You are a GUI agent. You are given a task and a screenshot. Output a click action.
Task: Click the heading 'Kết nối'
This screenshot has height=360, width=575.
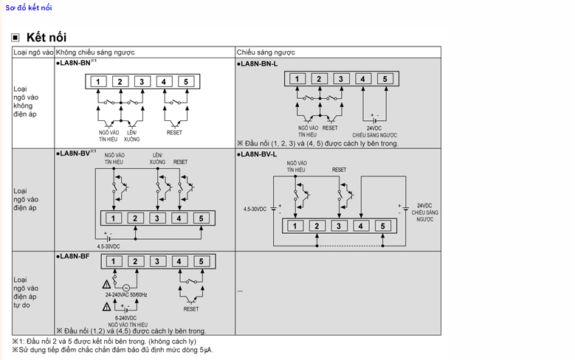46,37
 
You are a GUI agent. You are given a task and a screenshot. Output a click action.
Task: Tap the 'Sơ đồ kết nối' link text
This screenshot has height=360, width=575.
29,7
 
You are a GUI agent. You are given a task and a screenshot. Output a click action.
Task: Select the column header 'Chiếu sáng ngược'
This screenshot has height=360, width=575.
266,53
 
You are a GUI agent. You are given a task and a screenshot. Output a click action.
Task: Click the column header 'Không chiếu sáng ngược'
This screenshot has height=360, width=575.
95,53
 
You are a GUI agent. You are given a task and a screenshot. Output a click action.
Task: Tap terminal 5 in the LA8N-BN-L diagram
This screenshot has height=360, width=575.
385,79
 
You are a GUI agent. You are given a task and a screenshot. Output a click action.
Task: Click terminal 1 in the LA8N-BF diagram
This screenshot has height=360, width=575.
113,261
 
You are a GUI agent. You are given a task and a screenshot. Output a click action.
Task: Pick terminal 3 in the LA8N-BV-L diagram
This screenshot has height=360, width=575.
338,226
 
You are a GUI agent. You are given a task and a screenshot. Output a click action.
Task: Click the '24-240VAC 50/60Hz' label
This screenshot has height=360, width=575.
126,295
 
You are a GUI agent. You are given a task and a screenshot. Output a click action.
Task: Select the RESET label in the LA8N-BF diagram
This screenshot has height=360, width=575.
191,309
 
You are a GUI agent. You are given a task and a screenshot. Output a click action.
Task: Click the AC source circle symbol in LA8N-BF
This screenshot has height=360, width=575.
125,287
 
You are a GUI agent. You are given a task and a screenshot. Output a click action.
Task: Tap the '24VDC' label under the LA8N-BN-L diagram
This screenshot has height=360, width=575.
374,128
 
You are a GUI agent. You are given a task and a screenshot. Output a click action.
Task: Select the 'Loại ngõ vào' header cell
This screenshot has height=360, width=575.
34,53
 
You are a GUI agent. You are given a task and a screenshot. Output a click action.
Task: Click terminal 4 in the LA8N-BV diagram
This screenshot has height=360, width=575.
179,218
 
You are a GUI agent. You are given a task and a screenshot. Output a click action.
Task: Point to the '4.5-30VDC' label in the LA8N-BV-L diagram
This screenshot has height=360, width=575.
255,210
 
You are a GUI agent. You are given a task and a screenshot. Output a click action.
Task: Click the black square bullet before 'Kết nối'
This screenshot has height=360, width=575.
16,38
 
